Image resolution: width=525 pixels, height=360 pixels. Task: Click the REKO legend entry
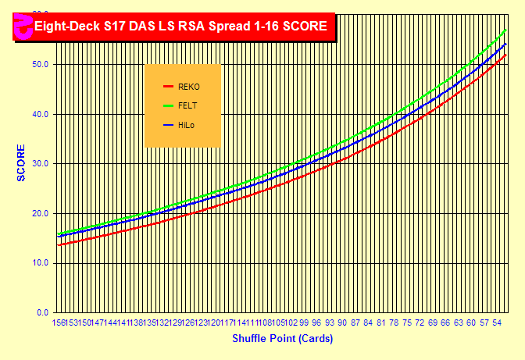[188, 87]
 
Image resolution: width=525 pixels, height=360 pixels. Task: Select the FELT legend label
[187, 105]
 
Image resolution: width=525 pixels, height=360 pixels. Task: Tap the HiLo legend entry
[186, 125]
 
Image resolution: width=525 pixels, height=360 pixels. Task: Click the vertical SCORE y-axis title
[21, 162]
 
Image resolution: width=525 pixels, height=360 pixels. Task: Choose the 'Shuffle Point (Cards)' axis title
[282, 339]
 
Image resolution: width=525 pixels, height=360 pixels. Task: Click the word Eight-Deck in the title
[67, 26]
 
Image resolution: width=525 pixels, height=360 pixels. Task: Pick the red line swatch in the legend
[167, 87]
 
